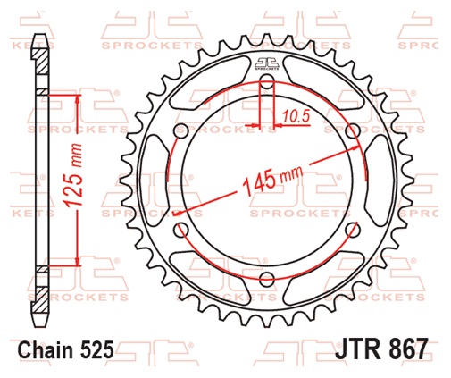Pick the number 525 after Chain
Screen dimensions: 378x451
96,350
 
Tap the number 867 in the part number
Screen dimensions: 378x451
408,349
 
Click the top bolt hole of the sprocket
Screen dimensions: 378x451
266,84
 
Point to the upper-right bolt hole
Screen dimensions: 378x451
350,132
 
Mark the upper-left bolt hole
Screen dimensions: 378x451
182,132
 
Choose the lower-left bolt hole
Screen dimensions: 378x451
182,230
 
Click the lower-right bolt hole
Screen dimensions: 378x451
350,230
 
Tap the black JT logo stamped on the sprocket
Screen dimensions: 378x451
266,63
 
